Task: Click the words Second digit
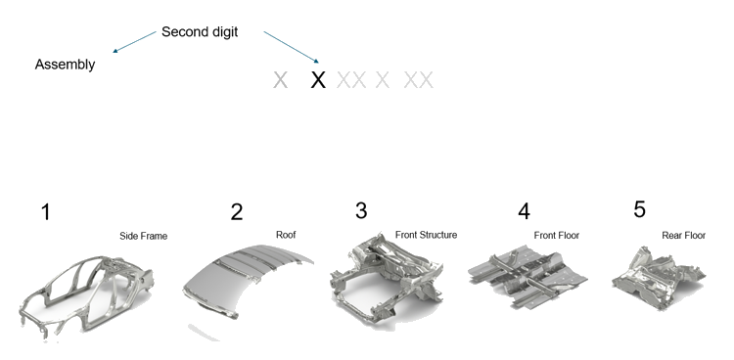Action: point(200,32)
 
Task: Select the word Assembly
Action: point(65,65)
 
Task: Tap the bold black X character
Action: point(318,80)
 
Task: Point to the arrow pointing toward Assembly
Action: point(134,42)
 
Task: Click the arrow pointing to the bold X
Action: point(292,47)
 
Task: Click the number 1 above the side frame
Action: point(45,212)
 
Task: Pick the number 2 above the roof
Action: point(237,212)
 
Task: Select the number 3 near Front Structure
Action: point(361,210)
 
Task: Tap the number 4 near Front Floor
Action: point(524,211)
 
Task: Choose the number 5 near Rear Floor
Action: point(639,209)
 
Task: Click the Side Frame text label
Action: point(143,236)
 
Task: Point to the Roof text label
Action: point(286,235)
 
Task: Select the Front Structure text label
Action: point(426,235)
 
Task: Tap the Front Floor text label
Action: point(557,235)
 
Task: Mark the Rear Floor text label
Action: point(683,235)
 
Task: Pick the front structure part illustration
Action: point(387,277)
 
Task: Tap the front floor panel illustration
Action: point(528,279)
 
